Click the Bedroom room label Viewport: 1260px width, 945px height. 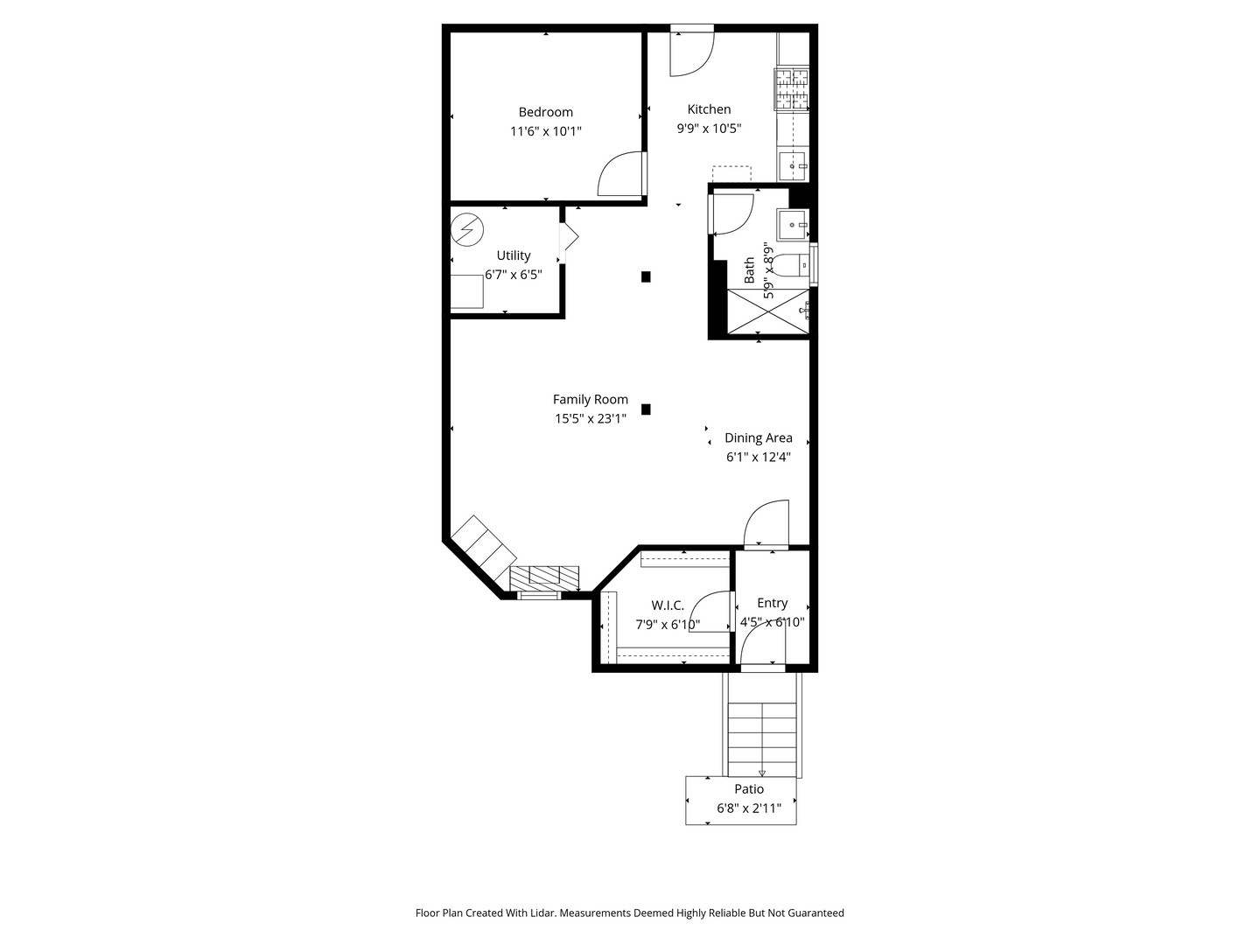pyautogui.click(x=545, y=112)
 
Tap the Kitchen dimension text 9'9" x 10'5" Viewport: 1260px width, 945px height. pyautogui.click(x=709, y=128)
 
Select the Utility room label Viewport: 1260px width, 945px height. pyautogui.click(x=514, y=255)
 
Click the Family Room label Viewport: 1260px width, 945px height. pyautogui.click(x=590, y=400)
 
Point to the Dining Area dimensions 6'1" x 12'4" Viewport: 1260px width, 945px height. pyautogui.click(x=758, y=457)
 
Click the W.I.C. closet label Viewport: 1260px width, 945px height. pyautogui.click(x=668, y=605)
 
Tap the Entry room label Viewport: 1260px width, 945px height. pyautogui.click(x=772, y=603)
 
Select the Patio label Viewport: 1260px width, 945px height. pyautogui.click(x=749, y=789)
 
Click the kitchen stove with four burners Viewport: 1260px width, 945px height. pyautogui.click(x=792, y=90)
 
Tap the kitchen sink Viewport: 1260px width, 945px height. pyautogui.click(x=794, y=165)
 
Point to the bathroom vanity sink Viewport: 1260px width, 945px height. pyautogui.click(x=794, y=225)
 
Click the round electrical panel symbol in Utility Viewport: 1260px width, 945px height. pyautogui.click(x=466, y=230)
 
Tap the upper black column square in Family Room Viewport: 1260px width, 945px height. pyautogui.click(x=646, y=276)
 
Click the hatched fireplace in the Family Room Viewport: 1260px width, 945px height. pyautogui.click(x=544, y=577)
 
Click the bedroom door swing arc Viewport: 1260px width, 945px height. pyautogui.click(x=619, y=173)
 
